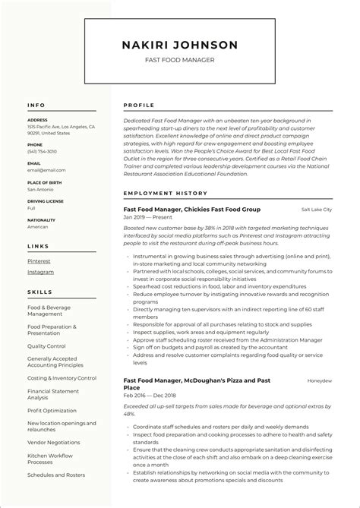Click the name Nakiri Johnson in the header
click(x=179, y=45)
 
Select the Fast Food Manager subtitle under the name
click(x=179, y=59)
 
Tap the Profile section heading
click(x=138, y=105)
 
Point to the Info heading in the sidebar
click(x=36, y=105)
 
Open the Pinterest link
click(x=39, y=260)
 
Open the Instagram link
click(x=40, y=272)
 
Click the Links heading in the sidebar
click(x=38, y=246)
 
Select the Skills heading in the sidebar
click(x=39, y=291)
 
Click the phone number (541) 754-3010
click(x=42, y=151)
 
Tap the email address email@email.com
click(x=46, y=170)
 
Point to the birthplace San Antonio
click(x=41, y=189)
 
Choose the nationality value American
click(x=38, y=226)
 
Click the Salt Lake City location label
click(x=316, y=209)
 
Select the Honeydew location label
click(x=319, y=380)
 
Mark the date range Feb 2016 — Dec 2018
click(x=149, y=396)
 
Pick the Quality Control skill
click(x=46, y=346)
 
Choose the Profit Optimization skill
click(x=52, y=410)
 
